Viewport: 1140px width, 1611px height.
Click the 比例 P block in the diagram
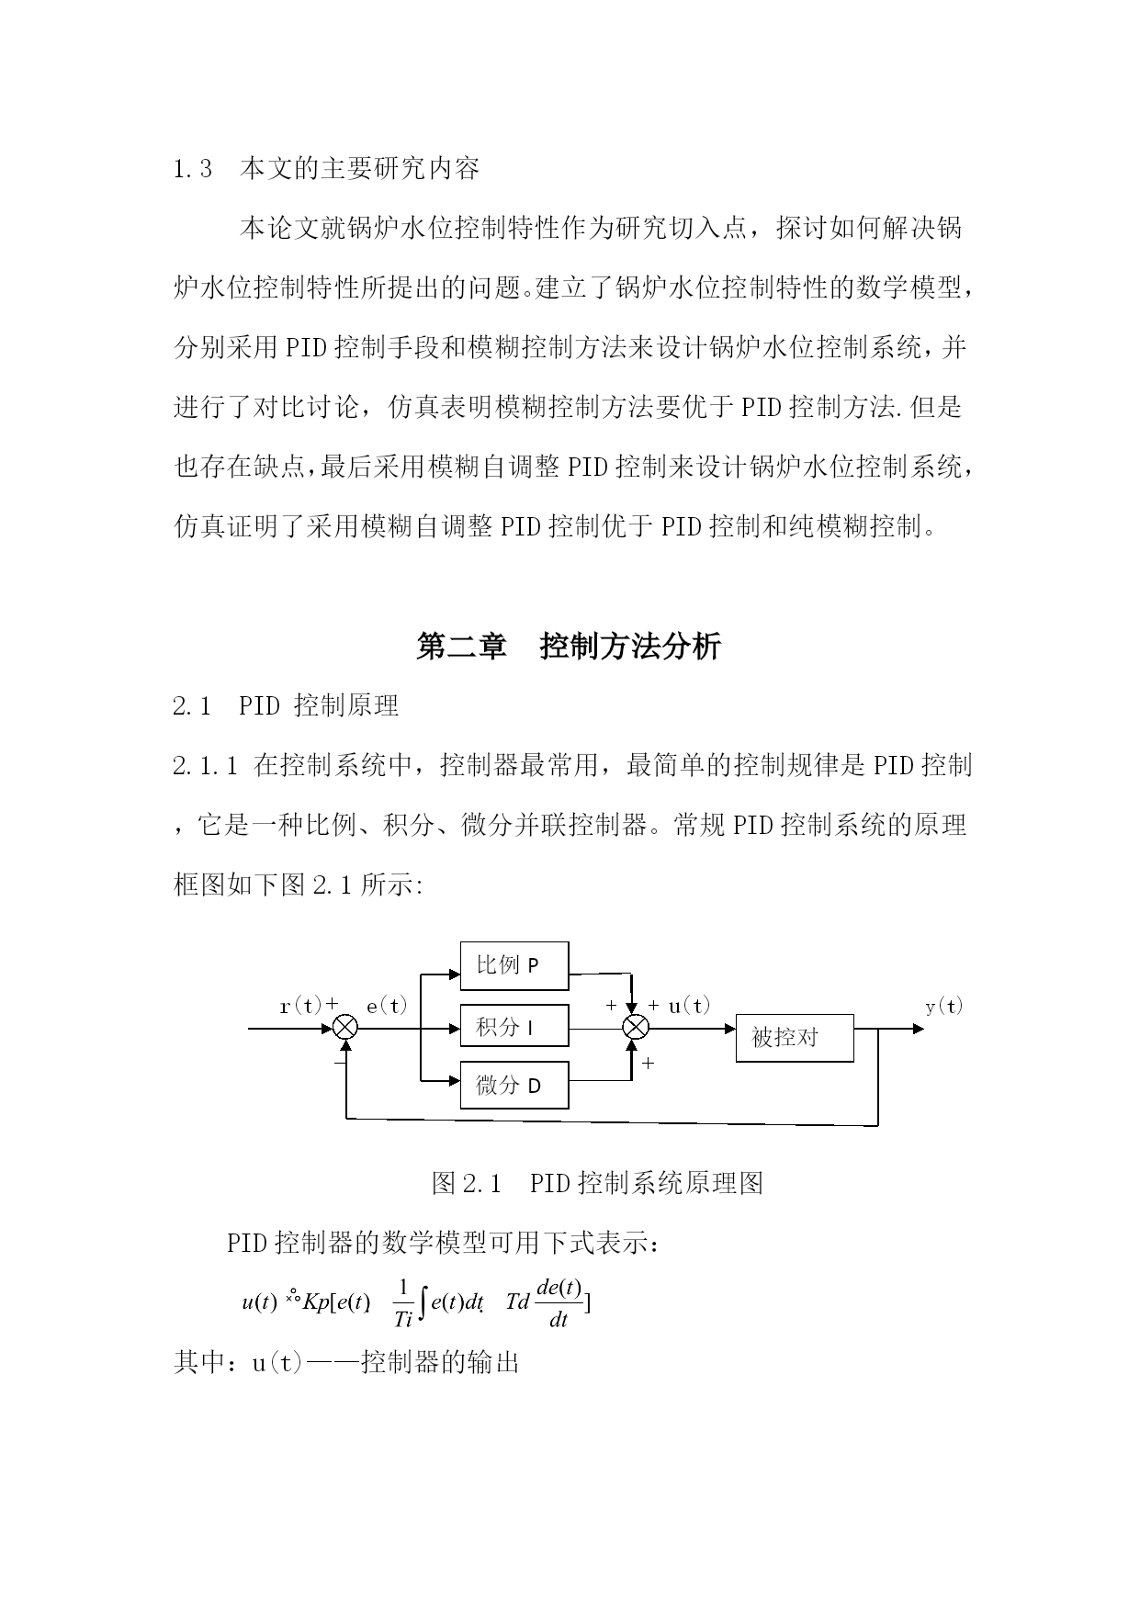tap(514, 965)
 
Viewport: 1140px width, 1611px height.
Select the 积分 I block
tap(514, 1027)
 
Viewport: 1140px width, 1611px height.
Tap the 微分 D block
tap(514, 1085)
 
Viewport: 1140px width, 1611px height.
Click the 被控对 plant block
tap(795, 1038)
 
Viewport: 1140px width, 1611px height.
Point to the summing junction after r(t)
tap(345, 1028)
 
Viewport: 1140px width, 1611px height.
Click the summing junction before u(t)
tap(636, 1028)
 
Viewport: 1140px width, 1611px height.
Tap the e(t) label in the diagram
tap(387, 1006)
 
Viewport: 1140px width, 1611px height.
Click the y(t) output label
tap(943, 1006)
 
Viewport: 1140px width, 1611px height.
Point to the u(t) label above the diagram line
tap(689, 1006)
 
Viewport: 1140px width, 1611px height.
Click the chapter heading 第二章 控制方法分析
tap(569, 647)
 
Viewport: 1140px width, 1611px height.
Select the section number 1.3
tap(193, 169)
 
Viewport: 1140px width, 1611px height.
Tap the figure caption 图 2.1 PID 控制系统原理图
tap(597, 1183)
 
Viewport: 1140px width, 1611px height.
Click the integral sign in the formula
tap(422, 1303)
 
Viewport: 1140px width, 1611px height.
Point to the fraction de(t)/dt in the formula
tap(559, 1303)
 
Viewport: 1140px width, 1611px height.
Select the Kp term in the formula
tap(316, 1302)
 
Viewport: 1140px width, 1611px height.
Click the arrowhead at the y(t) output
tap(918, 1029)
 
